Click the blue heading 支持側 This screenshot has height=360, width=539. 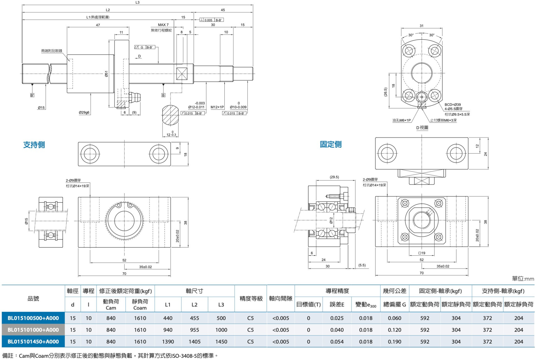(34, 145)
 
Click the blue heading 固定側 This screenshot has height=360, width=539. (330, 145)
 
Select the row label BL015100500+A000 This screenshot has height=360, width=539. (33, 318)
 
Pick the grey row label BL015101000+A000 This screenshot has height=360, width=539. (33, 330)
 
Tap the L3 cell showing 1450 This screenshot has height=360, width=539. (221, 342)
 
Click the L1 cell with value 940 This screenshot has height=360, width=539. (168, 330)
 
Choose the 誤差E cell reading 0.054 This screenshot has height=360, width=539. (337, 342)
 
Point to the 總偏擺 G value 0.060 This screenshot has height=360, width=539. (394, 318)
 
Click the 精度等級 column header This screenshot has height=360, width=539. (251, 298)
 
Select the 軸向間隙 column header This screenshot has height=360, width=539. (281, 298)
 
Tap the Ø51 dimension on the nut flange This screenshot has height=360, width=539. (107, 74)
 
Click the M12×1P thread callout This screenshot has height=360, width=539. (217, 107)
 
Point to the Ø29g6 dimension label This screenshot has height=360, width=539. (84, 113)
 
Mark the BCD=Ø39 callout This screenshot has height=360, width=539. (452, 105)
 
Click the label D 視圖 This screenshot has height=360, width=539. (422, 128)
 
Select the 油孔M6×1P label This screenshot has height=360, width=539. (401, 120)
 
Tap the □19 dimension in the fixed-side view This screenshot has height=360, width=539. (422, 253)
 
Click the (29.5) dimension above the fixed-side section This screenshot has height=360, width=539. (334, 177)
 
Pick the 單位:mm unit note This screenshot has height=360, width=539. (523, 279)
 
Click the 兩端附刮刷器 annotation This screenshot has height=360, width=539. (52, 51)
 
